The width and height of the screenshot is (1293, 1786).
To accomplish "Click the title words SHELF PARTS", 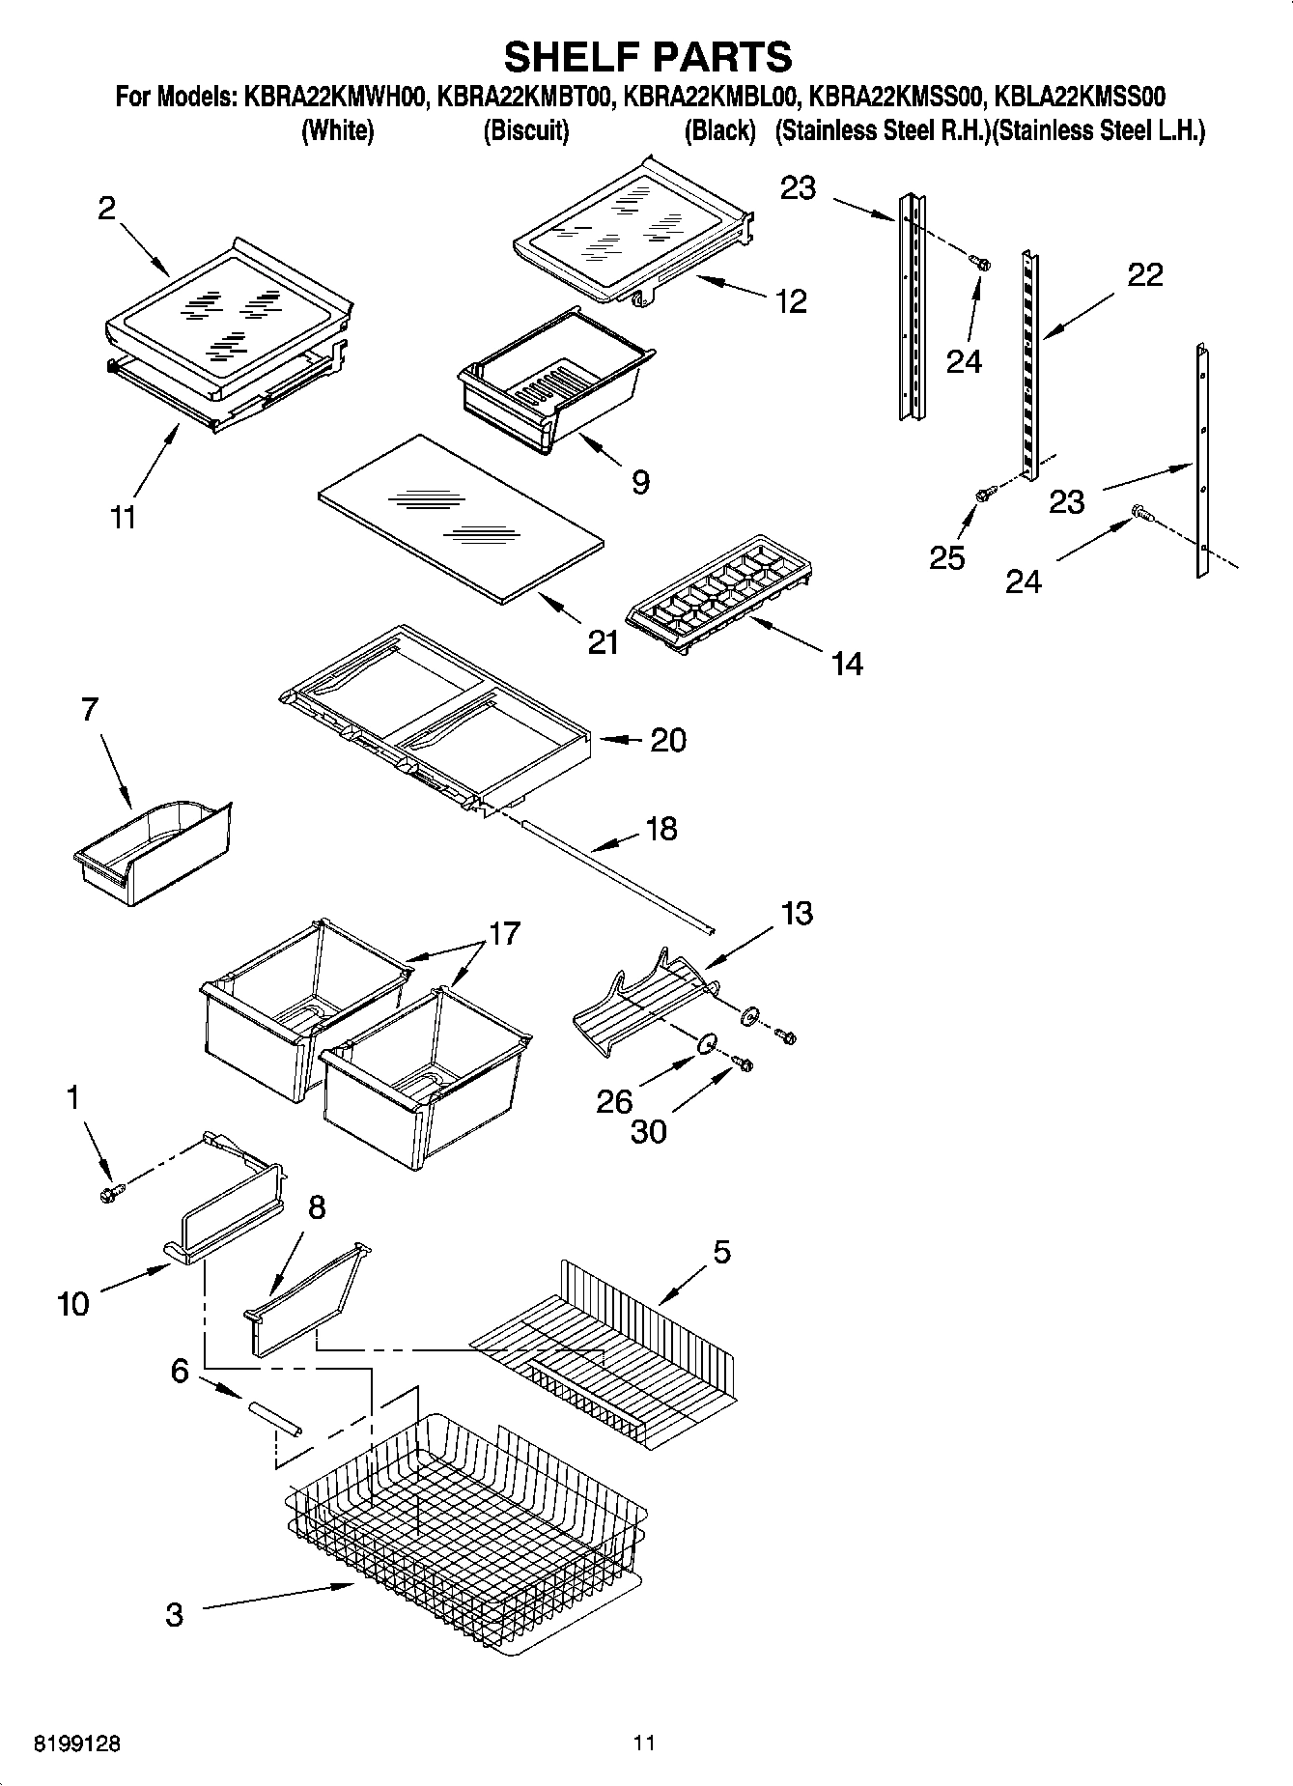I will click(x=647, y=57).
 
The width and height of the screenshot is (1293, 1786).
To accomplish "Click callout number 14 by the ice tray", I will click(x=846, y=664).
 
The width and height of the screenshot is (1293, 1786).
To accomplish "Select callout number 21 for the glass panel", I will click(x=603, y=642).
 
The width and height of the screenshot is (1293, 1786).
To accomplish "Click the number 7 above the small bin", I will click(x=89, y=710).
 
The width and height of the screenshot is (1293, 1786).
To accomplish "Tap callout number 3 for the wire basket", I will click(x=174, y=1615).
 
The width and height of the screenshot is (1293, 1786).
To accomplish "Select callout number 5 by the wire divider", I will click(x=721, y=1253).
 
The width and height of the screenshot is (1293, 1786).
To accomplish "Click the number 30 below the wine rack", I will click(x=648, y=1131).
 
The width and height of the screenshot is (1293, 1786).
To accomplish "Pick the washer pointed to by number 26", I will click(x=707, y=1042).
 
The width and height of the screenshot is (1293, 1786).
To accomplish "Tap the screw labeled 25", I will click(x=983, y=494).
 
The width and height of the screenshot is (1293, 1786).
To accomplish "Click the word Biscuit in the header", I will click(x=525, y=130).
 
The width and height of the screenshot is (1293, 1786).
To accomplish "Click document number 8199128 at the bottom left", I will click(x=77, y=1744).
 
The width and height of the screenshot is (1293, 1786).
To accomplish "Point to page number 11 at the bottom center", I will click(x=644, y=1743).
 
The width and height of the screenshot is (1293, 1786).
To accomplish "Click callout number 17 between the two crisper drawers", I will click(x=504, y=933).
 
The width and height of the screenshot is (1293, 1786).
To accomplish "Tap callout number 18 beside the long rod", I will click(x=661, y=829).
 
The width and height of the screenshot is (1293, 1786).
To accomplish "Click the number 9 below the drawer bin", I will click(x=640, y=482).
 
